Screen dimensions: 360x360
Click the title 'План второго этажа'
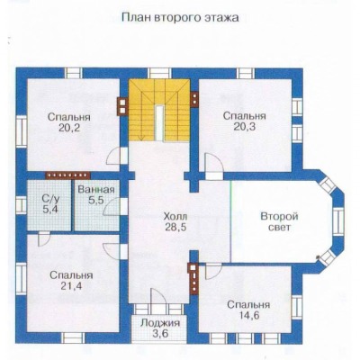click(x=180, y=18)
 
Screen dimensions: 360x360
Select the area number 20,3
click(x=245, y=127)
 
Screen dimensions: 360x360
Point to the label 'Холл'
click(x=175, y=216)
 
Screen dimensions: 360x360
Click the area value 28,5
click(x=175, y=227)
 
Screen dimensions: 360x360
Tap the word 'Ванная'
click(x=96, y=190)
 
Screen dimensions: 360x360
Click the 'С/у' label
click(x=49, y=198)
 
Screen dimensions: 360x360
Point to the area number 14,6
click(x=248, y=315)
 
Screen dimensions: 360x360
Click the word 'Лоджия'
click(x=160, y=323)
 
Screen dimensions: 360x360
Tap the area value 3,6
click(x=160, y=333)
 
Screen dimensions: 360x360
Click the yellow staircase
click(x=159, y=110)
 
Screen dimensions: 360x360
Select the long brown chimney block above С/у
click(x=67, y=175)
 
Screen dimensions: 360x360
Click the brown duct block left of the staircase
click(x=122, y=106)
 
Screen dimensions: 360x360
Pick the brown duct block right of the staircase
click(x=194, y=99)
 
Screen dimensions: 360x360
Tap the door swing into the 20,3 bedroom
click(x=213, y=166)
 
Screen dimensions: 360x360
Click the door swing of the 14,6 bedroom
click(x=213, y=271)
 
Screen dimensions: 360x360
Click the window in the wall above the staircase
click(x=159, y=74)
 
